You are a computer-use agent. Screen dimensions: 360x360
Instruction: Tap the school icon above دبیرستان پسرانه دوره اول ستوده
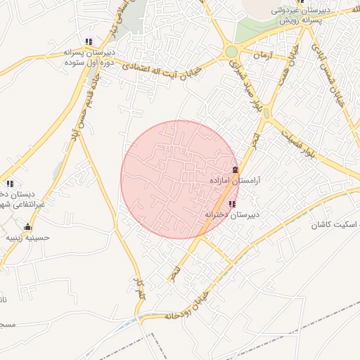(89, 42)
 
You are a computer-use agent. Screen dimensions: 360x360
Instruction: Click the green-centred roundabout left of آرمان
(231, 51)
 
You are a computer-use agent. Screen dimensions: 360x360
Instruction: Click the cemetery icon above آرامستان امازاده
(235, 170)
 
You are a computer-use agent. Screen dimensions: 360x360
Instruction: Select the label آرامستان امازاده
(235, 181)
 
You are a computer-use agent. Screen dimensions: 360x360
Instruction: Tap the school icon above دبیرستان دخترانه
(232, 203)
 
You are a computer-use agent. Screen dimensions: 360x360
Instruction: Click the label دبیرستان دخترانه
(232, 213)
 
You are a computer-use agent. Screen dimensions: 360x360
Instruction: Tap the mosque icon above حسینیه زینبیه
(27, 227)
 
